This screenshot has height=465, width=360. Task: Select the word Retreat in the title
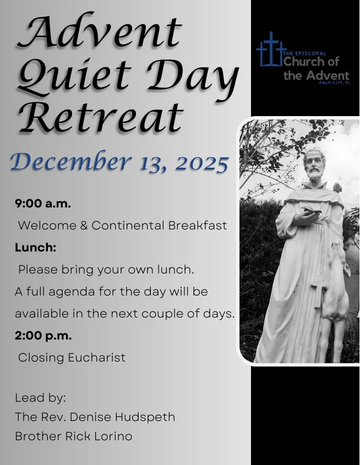tap(100, 117)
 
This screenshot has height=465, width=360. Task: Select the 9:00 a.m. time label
tap(43, 203)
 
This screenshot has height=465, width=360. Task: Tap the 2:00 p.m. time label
tap(43, 335)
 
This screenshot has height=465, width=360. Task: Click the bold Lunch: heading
tap(36, 247)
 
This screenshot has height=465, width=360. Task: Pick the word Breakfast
tap(198, 225)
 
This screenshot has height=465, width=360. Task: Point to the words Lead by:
tap(40, 397)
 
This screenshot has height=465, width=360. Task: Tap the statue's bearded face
tap(315, 165)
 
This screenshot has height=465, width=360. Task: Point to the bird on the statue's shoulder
tap(337, 187)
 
